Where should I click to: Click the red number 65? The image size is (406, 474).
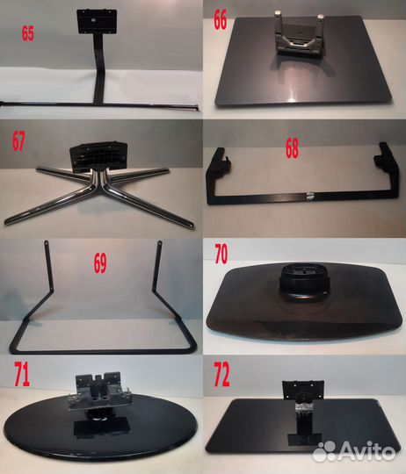pos(28,33)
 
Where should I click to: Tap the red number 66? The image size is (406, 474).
pos(221,19)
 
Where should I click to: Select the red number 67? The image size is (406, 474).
pos(18,141)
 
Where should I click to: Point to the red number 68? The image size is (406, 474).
pos(293,148)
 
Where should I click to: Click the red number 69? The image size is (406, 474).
pos(100,263)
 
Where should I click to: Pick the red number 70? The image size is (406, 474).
pos(221,254)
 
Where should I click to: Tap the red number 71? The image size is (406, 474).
pos(22,375)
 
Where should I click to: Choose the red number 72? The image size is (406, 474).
pos(221,375)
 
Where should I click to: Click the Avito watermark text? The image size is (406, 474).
pos(366,452)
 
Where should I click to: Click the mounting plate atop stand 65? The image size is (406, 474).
pos(97,21)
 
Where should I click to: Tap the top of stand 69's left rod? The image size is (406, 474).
pos(47,243)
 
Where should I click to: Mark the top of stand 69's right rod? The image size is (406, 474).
pos(160,243)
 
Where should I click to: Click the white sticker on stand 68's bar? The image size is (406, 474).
pos(309,196)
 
